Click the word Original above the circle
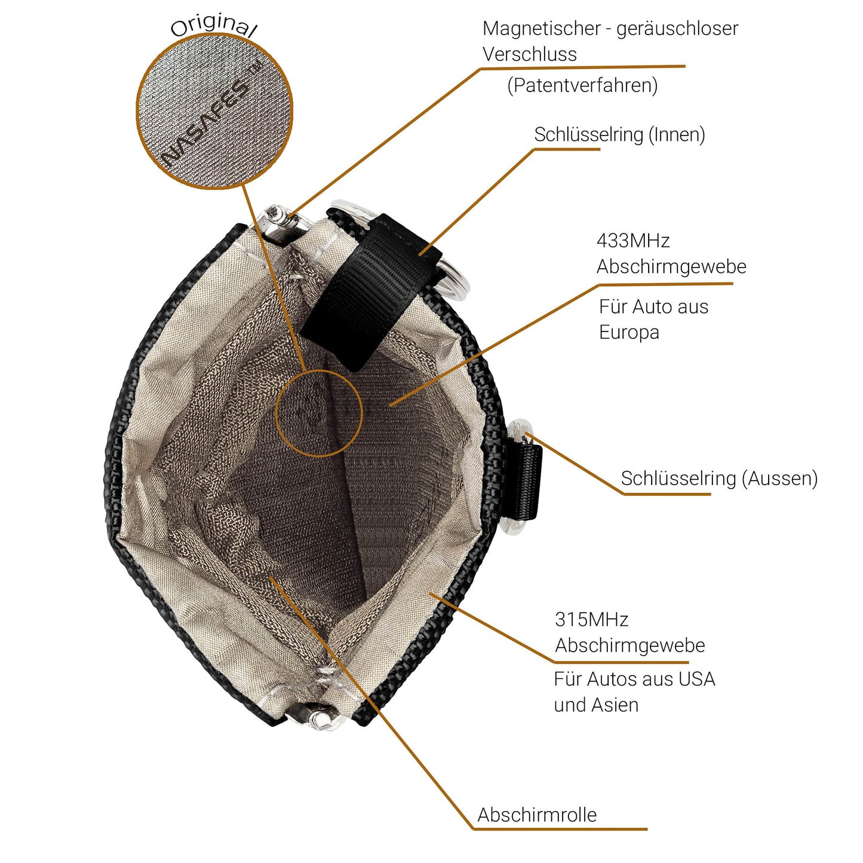pyautogui.click(x=214, y=25)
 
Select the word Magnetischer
pyautogui.click(x=541, y=29)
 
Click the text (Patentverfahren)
pyautogui.click(x=582, y=85)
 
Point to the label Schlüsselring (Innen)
pyautogui.click(x=619, y=135)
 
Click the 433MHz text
pyautogui.click(x=633, y=241)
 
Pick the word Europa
pyautogui.click(x=629, y=333)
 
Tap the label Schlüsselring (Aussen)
pyautogui.click(x=719, y=478)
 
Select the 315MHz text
pyautogui.click(x=592, y=619)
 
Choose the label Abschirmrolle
pyautogui.click(x=537, y=815)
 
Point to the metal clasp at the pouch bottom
pyautogui.click(x=314, y=714)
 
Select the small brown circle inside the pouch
pyautogui.click(x=319, y=413)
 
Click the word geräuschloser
pyautogui.click(x=677, y=29)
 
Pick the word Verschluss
pyautogui.click(x=530, y=54)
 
